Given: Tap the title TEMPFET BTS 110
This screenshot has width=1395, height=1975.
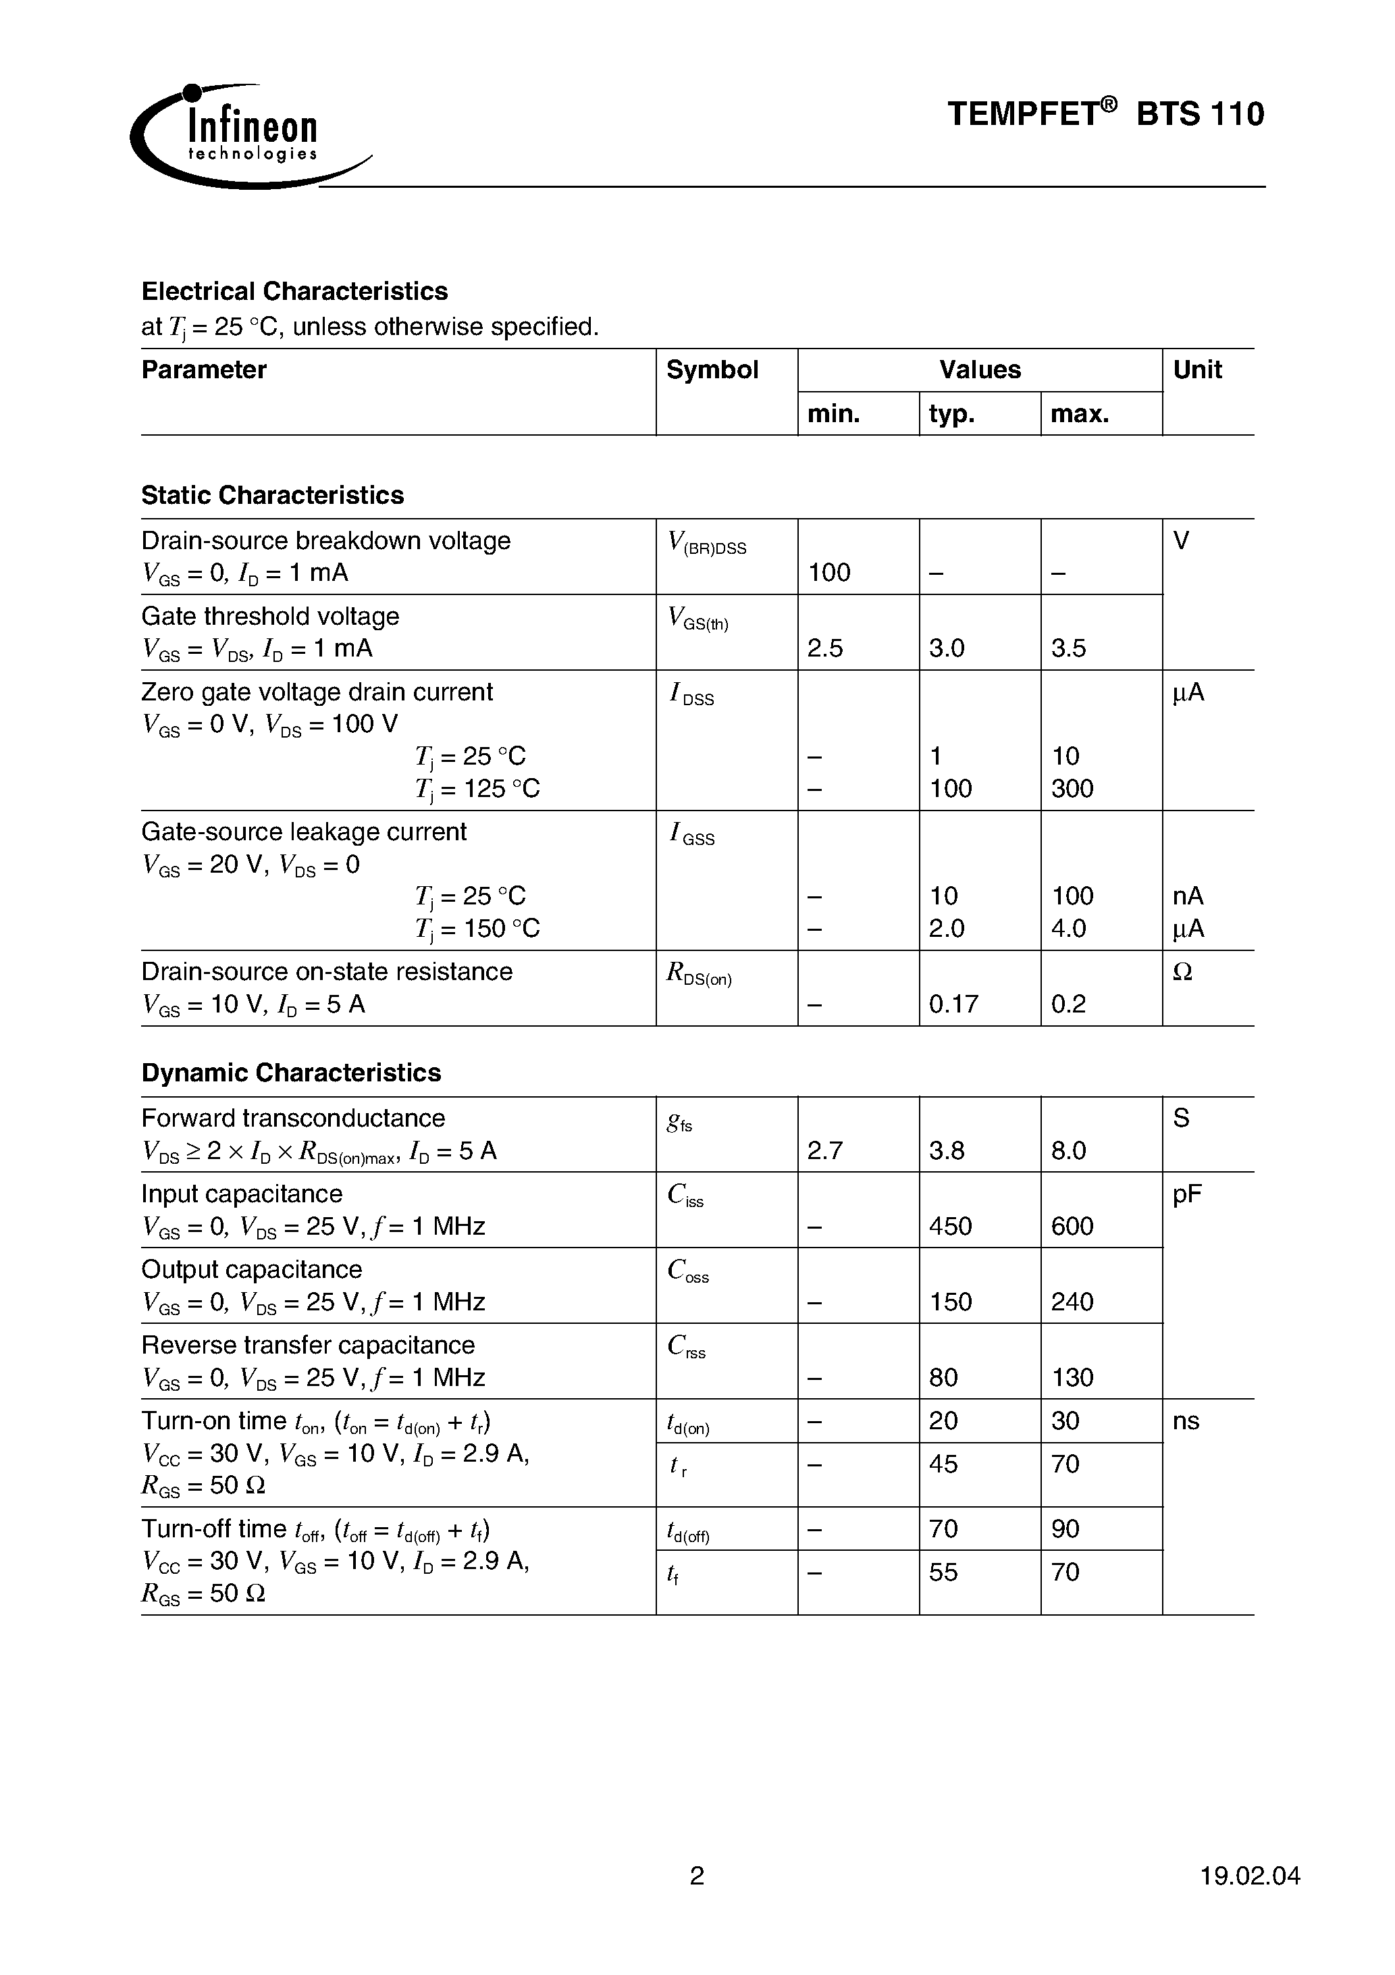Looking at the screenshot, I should (1105, 113).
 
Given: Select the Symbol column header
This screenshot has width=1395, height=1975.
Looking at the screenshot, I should (712, 370).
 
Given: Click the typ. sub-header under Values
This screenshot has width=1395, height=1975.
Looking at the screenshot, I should (951, 415).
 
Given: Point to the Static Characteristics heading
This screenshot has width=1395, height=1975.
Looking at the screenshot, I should (272, 496).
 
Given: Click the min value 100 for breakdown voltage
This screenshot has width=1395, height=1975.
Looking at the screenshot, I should (829, 573).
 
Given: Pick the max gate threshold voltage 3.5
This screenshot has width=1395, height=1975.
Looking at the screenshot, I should (1068, 648).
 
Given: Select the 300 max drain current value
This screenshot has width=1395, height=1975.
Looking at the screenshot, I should (1072, 789).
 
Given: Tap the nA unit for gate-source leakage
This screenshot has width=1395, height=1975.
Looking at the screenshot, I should (1188, 896).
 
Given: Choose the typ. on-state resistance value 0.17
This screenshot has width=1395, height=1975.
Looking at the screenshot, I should (953, 1004).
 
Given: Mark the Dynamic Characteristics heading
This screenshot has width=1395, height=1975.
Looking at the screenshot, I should (291, 1073).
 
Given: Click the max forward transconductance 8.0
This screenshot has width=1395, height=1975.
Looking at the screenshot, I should (1068, 1151).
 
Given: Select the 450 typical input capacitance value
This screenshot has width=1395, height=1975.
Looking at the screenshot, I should (950, 1227).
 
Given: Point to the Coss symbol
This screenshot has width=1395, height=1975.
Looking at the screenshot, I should (688, 1271).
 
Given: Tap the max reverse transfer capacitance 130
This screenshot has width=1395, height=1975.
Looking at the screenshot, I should (1072, 1378).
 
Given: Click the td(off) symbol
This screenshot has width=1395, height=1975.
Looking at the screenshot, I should (688, 1531).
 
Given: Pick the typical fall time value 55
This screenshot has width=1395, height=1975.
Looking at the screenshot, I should (943, 1572).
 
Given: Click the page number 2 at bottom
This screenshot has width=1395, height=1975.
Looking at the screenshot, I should (697, 1875).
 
